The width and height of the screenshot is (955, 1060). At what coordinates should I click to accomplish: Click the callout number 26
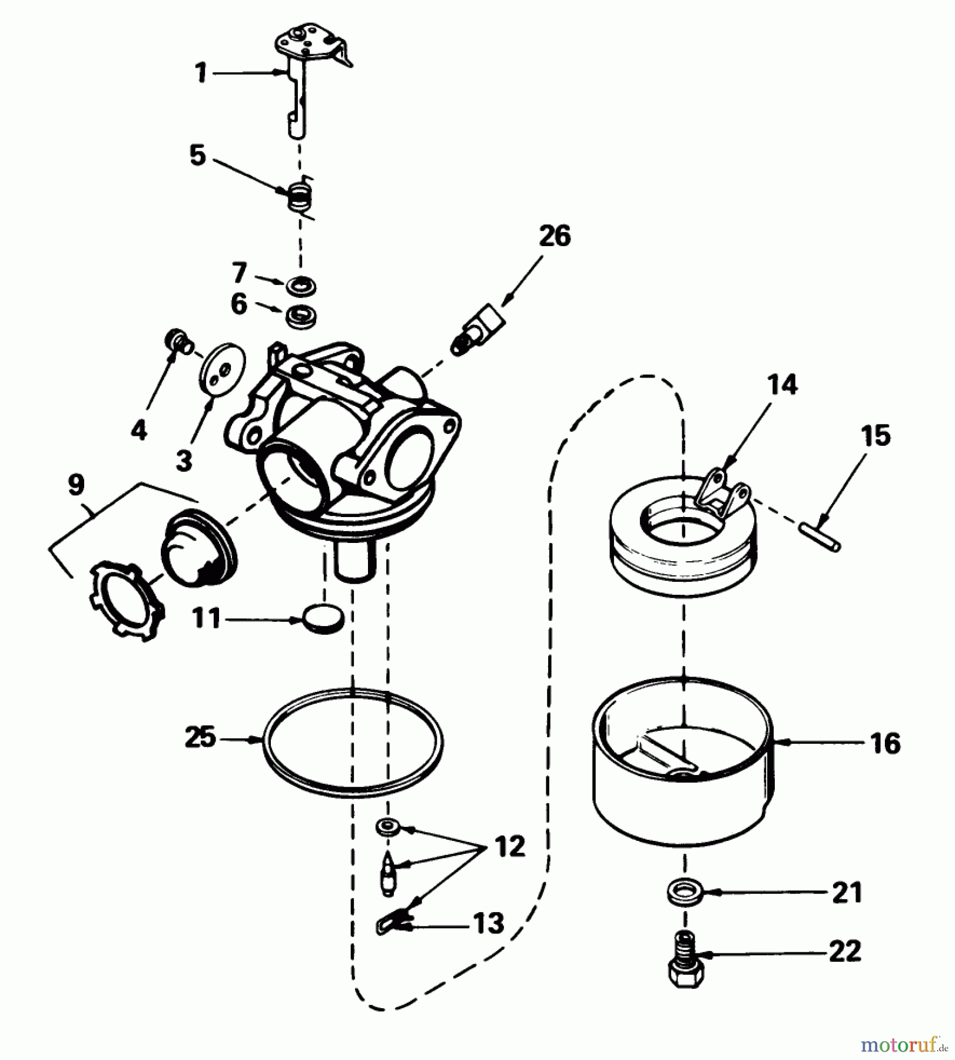[555, 236]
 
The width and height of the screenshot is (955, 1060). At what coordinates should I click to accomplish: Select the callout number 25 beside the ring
[200, 738]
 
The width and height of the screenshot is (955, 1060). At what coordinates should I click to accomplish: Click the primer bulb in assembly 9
[197, 551]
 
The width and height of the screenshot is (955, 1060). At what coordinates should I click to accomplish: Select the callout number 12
[509, 847]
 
